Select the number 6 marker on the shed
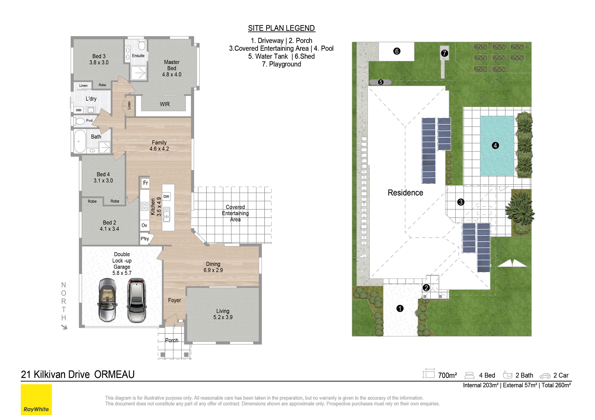[397, 51]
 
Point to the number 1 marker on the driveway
[400, 308]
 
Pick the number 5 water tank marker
[380, 82]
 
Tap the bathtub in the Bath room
[80, 141]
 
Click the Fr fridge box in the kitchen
[145, 183]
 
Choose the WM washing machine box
[79, 110]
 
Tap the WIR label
[165, 104]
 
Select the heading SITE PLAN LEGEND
[281, 28]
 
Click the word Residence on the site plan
[405, 193]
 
